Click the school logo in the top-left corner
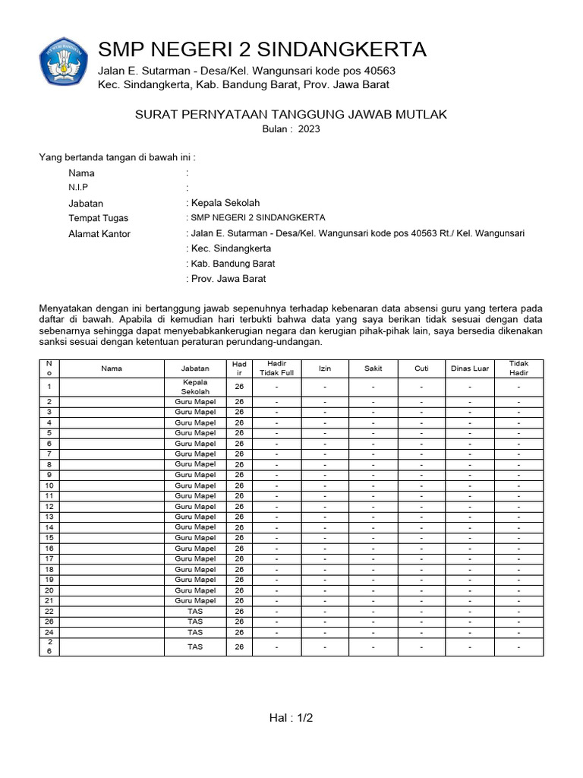[x=64, y=62]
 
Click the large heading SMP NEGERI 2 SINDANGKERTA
[x=262, y=50]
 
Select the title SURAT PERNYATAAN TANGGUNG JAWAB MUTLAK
[x=291, y=115]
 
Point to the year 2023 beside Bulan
[x=309, y=129]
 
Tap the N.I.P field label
[x=78, y=188]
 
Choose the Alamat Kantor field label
[x=99, y=234]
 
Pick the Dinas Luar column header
[x=470, y=368]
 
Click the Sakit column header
[x=373, y=368]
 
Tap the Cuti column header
[x=421, y=368]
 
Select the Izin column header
[x=325, y=368]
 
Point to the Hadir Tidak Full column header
[x=276, y=368]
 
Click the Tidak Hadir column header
[x=518, y=368]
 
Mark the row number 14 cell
[x=49, y=527]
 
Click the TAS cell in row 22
[x=195, y=611]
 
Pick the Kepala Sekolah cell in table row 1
[x=195, y=386]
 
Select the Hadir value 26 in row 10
[x=239, y=485]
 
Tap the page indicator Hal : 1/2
[x=291, y=718]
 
